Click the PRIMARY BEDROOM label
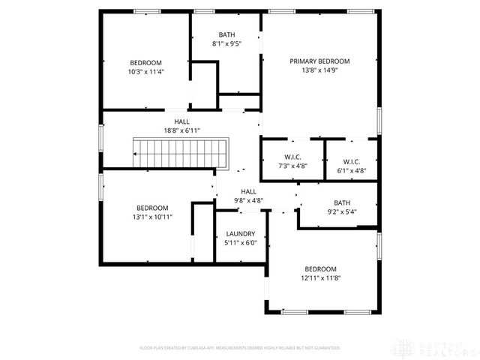(x=320, y=61)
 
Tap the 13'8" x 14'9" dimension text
(x=320, y=70)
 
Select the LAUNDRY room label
(x=241, y=234)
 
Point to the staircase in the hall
(x=180, y=152)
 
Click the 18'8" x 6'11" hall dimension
(x=181, y=130)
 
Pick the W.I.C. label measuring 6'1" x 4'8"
(x=352, y=161)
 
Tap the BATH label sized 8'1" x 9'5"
(x=226, y=34)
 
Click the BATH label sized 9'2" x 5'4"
(x=342, y=202)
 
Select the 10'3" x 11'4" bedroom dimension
(x=145, y=72)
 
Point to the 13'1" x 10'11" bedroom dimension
(x=152, y=217)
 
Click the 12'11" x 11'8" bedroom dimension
(x=320, y=277)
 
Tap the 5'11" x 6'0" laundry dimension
(x=241, y=242)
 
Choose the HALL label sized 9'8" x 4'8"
(x=249, y=192)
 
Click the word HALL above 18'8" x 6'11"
(x=181, y=121)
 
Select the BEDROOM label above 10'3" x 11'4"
(x=145, y=63)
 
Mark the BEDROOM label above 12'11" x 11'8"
(x=320, y=268)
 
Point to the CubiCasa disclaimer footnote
(x=240, y=348)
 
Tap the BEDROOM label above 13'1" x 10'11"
(x=152, y=208)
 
